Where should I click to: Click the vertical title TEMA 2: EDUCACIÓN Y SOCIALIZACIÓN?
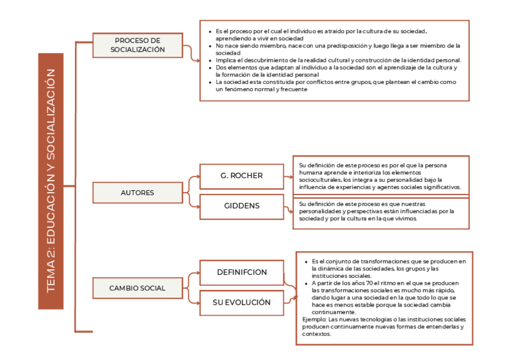[50, 181]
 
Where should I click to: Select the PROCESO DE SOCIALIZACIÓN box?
[137, 45]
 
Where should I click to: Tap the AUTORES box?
[137, 193]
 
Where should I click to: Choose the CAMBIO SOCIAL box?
[137, 288]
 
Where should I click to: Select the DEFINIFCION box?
[241, 272]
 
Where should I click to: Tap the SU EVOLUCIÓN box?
[241, 302]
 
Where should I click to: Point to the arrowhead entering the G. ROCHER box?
[197, 176]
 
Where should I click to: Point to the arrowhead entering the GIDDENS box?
[197, 206]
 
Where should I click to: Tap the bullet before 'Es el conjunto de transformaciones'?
[306, 262]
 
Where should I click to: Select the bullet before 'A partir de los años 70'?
[306, 283]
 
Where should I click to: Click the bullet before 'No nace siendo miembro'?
[209, 46]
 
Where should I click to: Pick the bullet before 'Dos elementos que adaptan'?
[209, 68]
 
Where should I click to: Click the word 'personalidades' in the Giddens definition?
[320, 211]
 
